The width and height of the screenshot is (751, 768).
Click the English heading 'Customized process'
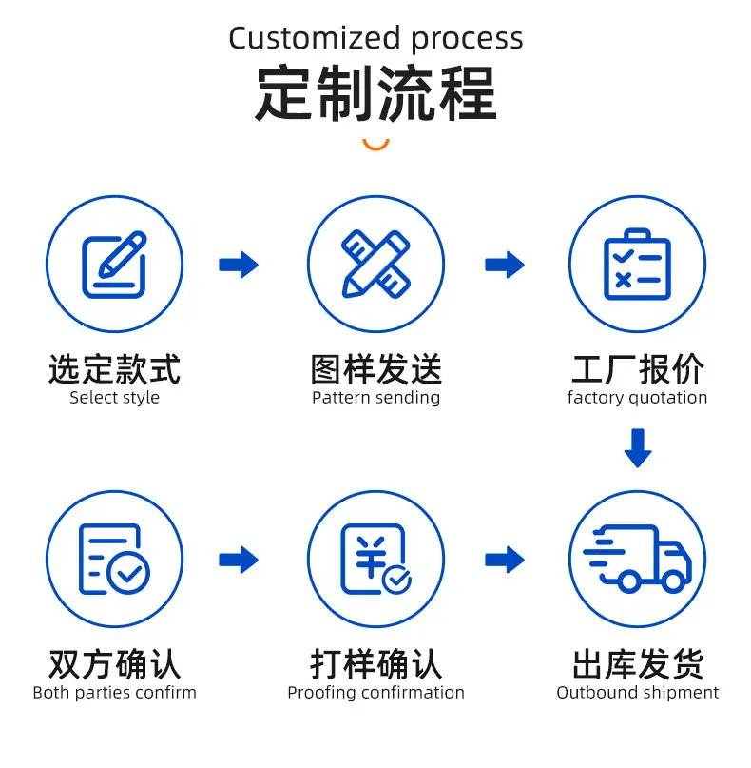(x=375, y=39)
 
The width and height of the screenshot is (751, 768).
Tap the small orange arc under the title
(x=375, y=147)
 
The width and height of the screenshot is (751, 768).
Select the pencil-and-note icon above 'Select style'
(x=114, y=265)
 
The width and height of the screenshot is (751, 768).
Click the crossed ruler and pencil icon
(x=375, y=264)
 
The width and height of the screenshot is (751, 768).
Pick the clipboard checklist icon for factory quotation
(x=637, y=264)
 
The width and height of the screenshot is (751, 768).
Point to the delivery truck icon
(x=637, y=559)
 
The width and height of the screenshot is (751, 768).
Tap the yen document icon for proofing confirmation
(x=375, y=559)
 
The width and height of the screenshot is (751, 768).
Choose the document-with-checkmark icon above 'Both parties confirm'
(x=114, y=559)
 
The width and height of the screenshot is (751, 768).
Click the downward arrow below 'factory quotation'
(x=638, y=448)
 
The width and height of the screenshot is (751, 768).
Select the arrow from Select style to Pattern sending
(x=239, y=265)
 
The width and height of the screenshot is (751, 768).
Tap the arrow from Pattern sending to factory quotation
(x=505, y=265)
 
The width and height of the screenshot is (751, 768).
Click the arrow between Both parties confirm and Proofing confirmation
(x=239, y=560)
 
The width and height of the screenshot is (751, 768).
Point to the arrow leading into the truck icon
(x=505, y=560)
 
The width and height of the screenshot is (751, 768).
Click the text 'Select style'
(x=114, y=398)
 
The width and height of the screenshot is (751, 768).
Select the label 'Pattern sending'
(x=375, y=398)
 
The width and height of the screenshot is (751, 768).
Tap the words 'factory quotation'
(x=637, y=398)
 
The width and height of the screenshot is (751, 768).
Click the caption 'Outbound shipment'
(x=638, y=693)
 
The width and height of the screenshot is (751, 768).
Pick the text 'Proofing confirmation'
(x=375, y=693)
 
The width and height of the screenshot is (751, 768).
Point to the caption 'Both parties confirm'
(x=114, y=693)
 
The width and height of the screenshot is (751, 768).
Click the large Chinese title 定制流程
(x=375, y=93)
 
